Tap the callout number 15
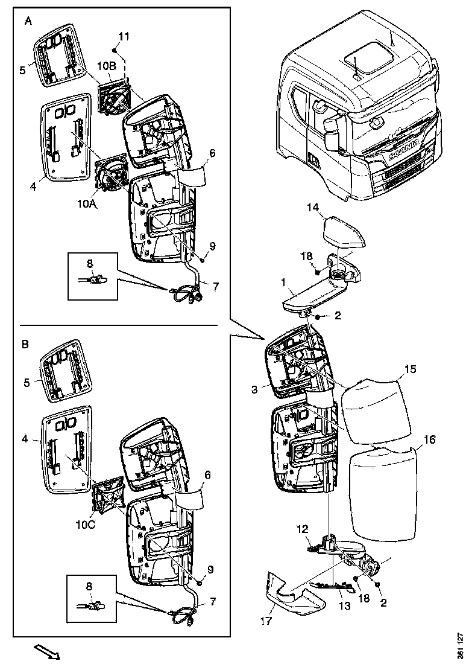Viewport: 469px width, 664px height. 410,368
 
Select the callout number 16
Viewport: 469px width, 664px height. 429,439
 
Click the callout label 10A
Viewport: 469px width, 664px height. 87,205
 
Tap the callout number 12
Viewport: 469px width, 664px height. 302,529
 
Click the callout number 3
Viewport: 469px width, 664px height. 255,390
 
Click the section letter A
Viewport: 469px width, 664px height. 28,21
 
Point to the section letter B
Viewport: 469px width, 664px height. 25,345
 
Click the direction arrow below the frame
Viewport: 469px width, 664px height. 45,652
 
